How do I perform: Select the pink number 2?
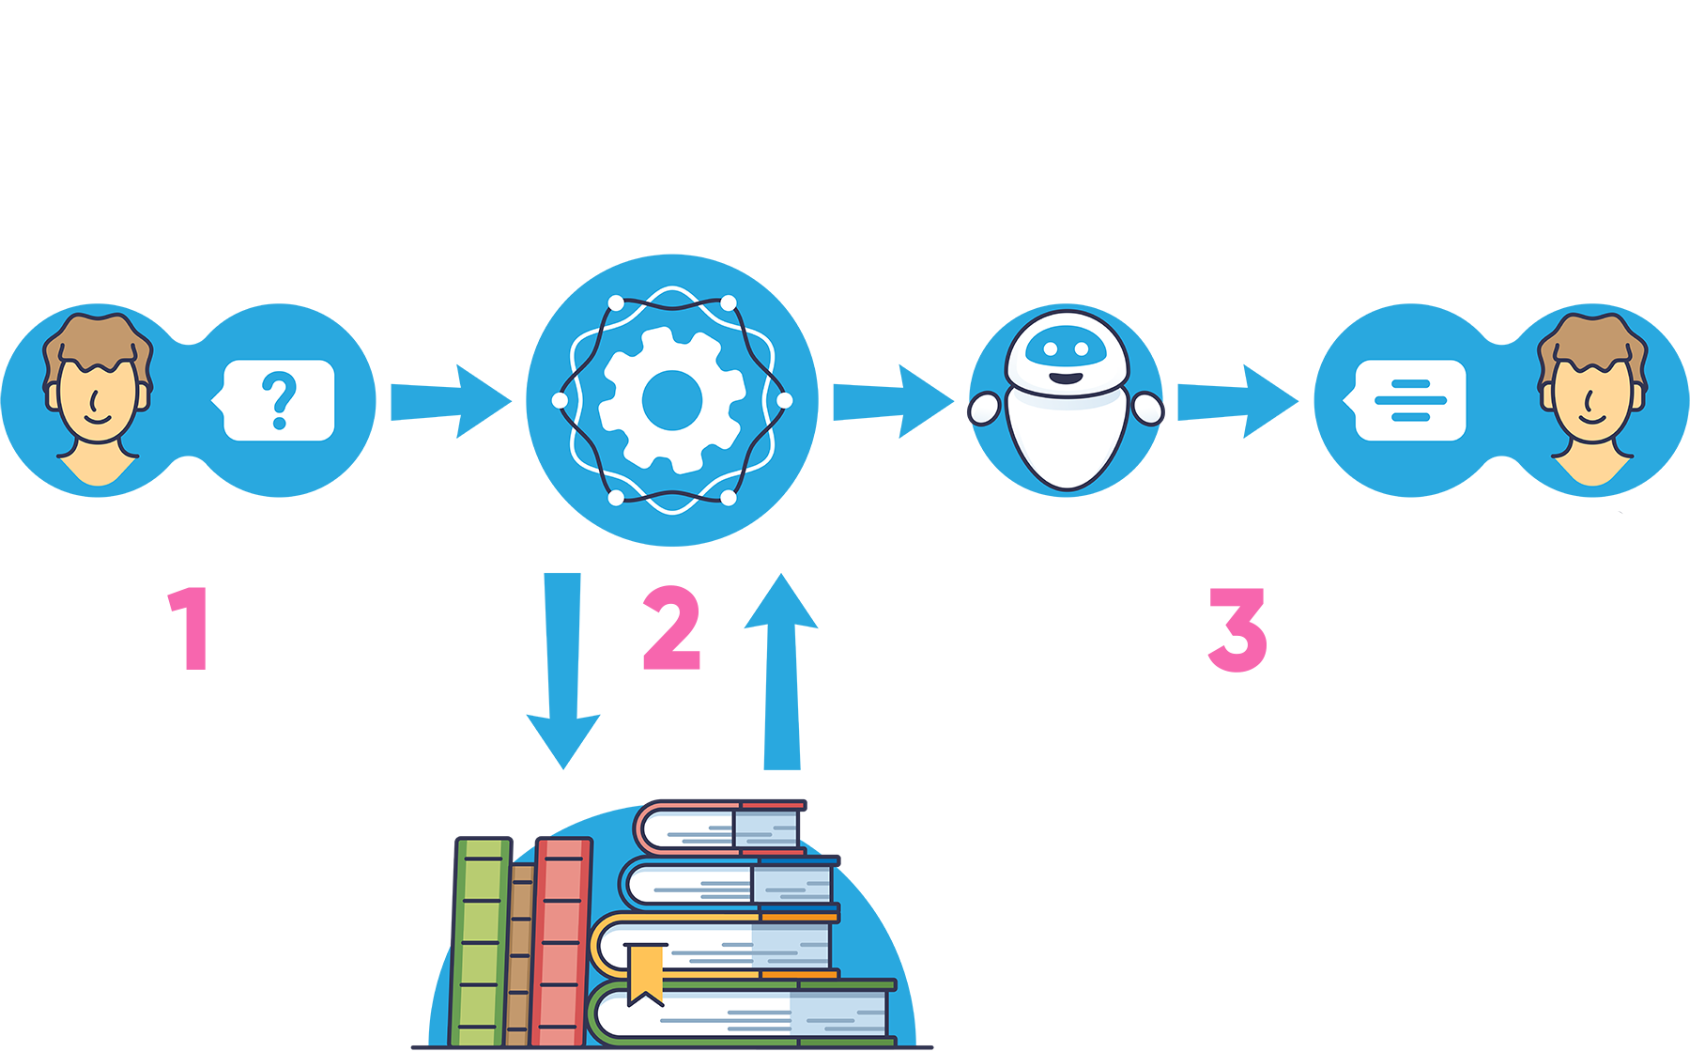point(671,627)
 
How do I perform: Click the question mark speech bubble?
point(279,400)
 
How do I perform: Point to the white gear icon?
point(671,400)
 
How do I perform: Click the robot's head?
point(1066,352)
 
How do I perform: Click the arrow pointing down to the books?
point(562,667)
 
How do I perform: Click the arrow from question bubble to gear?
point(449,401)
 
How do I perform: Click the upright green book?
point(482,939)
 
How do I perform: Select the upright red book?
point(561,939)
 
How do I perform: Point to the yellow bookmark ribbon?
point(645,973)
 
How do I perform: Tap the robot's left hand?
point(984,410)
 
